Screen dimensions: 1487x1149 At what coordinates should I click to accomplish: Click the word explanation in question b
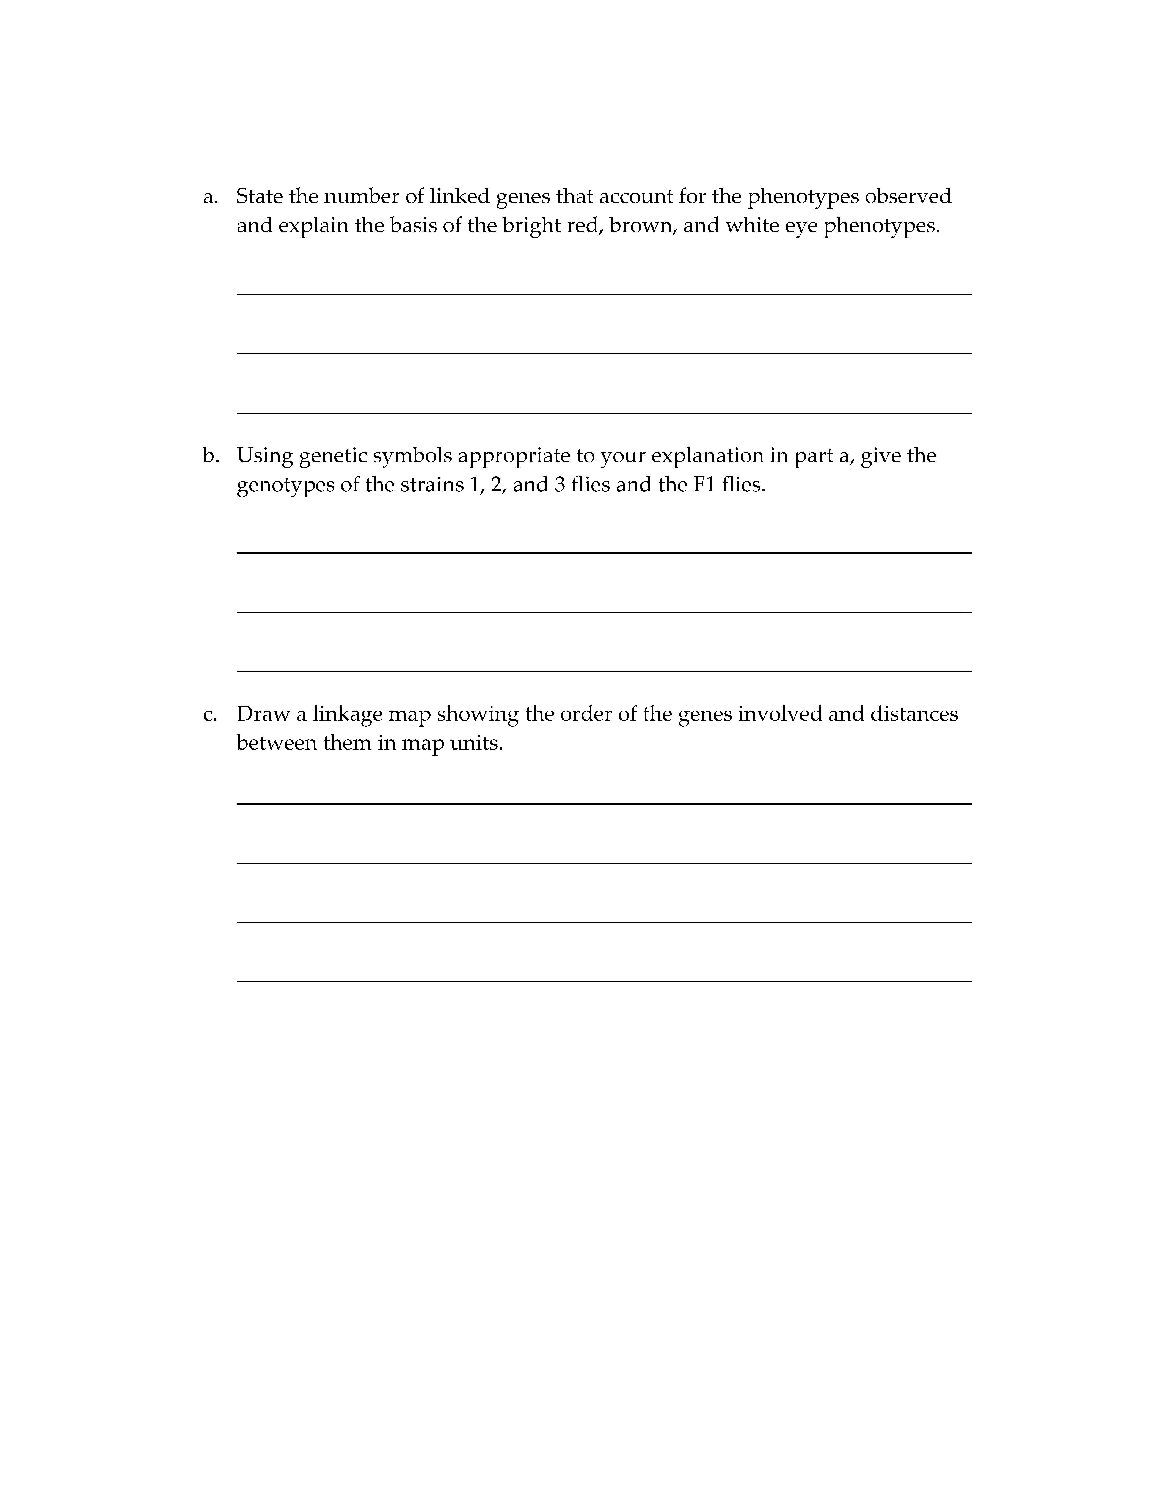tap(708, 456)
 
